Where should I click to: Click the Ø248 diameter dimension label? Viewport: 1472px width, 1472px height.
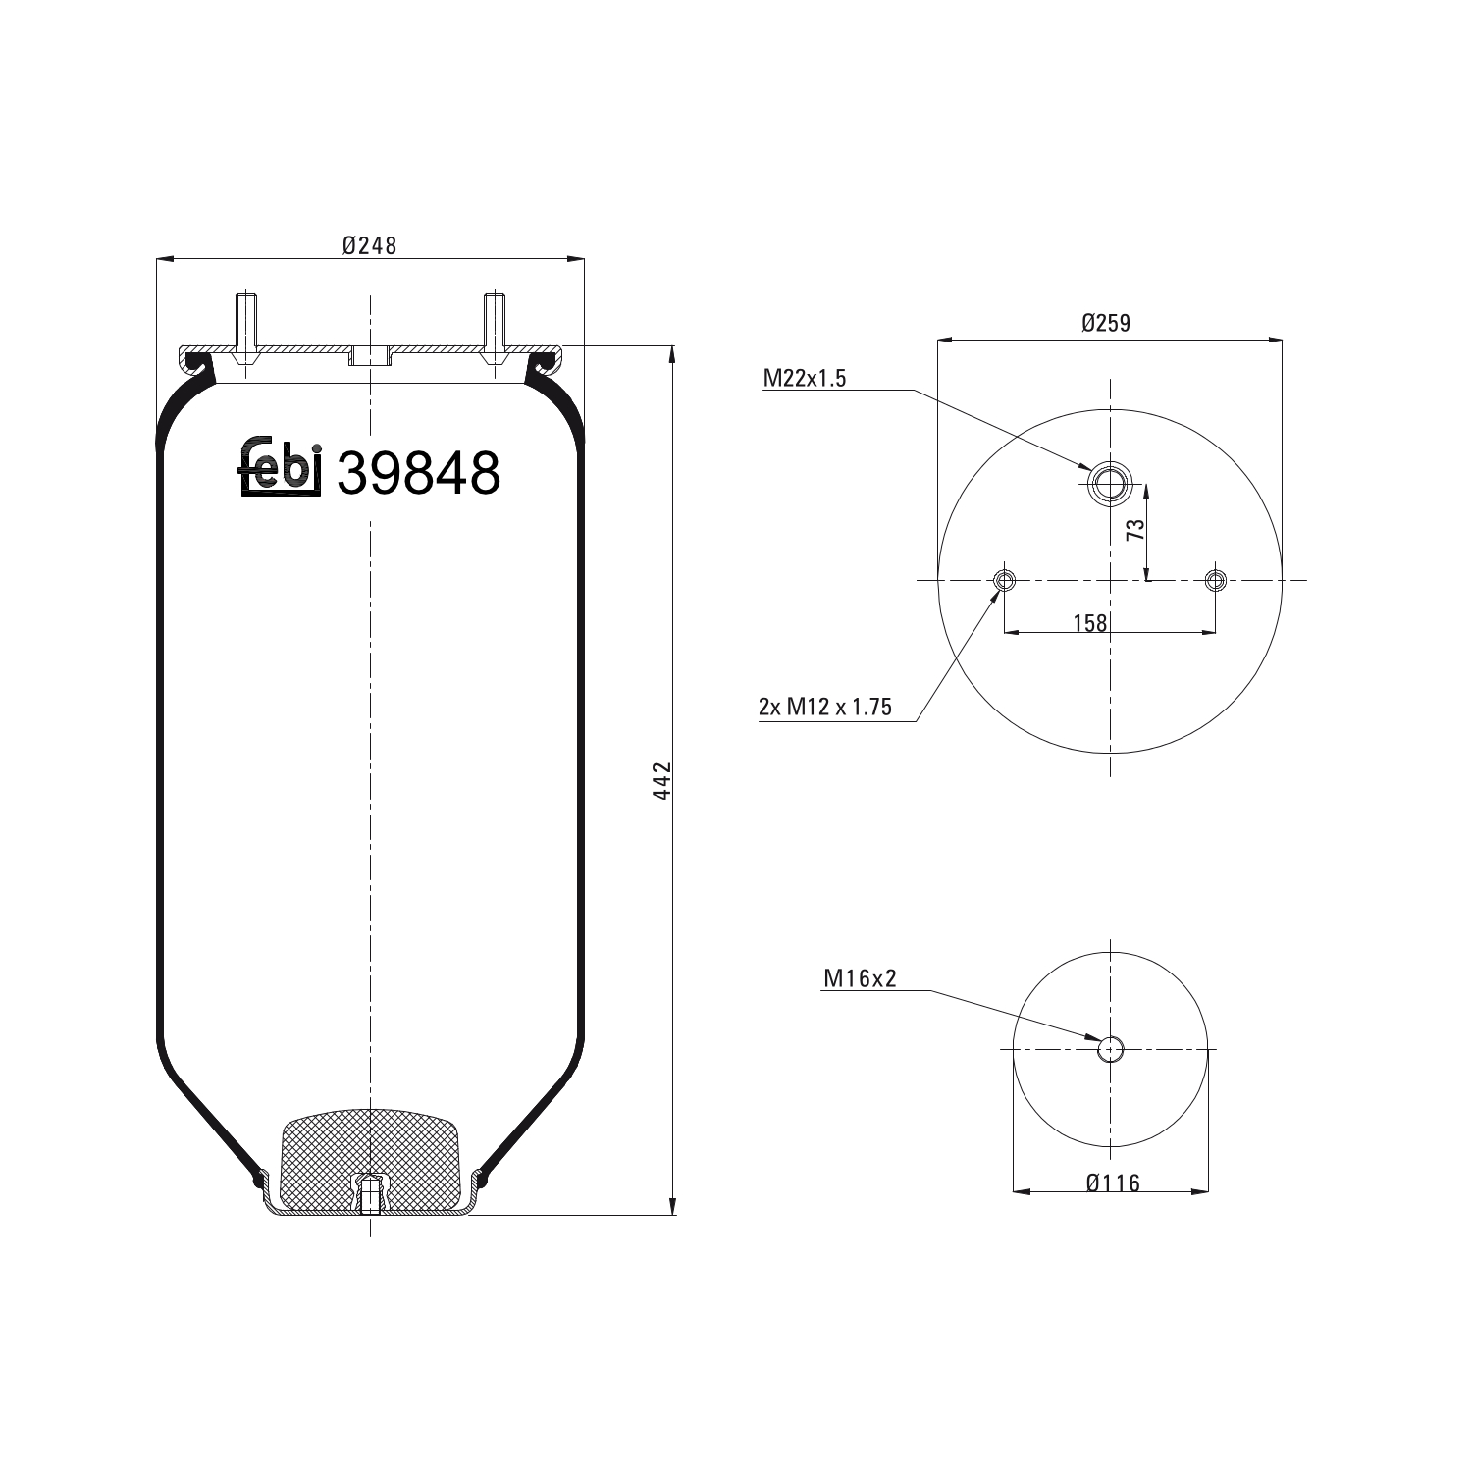[370, 245]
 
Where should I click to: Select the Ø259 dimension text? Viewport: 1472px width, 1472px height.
[1106, 323]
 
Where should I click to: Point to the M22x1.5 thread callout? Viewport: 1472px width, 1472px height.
[805, 378]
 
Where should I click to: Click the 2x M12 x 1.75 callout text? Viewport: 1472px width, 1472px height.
[825, 707]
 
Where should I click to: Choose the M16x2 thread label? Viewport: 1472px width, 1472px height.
[861, 978]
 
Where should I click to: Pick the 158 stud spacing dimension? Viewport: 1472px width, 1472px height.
[1090, 622]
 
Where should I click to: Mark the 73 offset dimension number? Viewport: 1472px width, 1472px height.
[1135, 530]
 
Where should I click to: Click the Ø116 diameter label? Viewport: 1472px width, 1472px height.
[1114, 1183]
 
